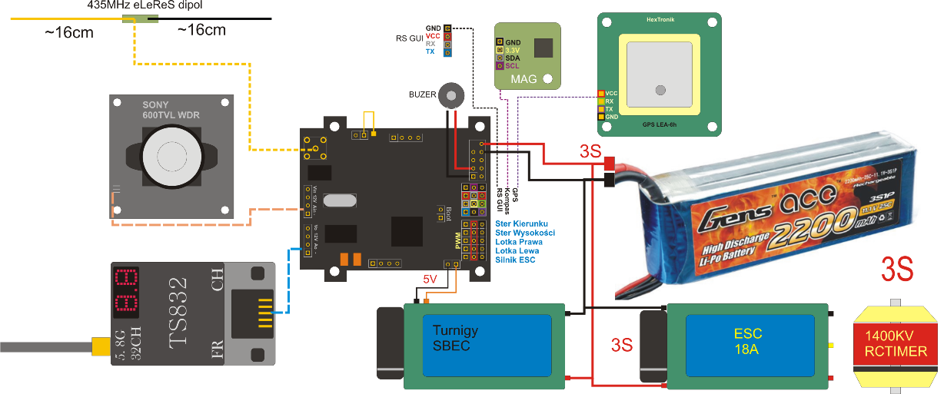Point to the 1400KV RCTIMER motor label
pos(896,342)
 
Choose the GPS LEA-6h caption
pos(660,123)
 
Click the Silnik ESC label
pos(517,260)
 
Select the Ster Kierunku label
pos(522,223)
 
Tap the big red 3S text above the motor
pos(896,270)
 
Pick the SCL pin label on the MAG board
pos(513,67)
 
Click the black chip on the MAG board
pos(544,48)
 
